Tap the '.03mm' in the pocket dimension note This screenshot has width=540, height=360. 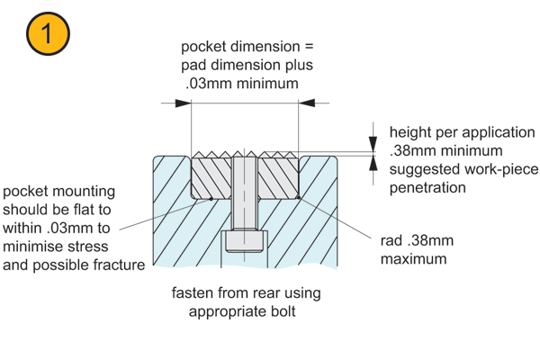point(204,84)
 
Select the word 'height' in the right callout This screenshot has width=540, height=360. point(409,131)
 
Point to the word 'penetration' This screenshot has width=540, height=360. point(427,188)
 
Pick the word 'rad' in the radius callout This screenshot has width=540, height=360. point(392,240)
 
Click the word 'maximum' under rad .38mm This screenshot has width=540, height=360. point(414,259)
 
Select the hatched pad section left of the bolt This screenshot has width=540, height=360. point(211,176)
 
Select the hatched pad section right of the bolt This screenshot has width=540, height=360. point(277,176)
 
